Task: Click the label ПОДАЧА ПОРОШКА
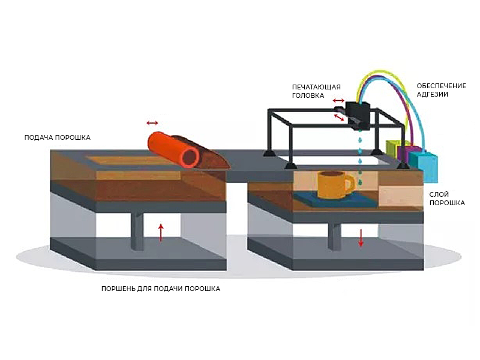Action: click(57, 137)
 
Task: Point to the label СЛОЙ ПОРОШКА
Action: click(447, 199)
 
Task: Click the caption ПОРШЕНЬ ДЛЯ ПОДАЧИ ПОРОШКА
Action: click(160, 289)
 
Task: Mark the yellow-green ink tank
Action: click(394, 149)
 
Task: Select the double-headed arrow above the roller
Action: click(152, 123)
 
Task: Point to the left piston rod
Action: click(137, 231)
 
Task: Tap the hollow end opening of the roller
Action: click(191, 156)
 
